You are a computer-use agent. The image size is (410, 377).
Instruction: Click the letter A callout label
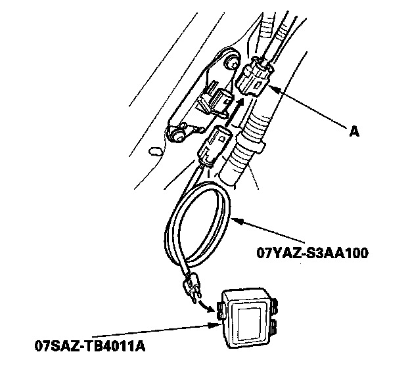[355, 132]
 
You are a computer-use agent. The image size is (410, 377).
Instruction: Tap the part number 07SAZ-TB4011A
[88, 344]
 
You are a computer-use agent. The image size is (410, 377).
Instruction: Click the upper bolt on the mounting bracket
[232, 64]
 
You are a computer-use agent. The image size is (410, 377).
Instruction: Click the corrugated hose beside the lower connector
[246, 151]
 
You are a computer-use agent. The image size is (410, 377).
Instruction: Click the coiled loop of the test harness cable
[197, 223]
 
